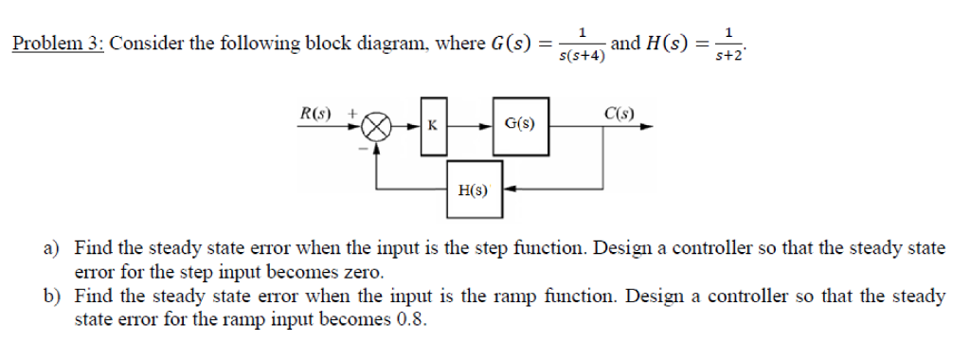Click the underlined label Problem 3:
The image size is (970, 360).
coord(57,44)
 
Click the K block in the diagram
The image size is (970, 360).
coord(432,124)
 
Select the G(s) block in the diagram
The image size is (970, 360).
coord(518,123)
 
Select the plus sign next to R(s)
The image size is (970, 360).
coord(352,113)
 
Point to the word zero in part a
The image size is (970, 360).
coord(365,272)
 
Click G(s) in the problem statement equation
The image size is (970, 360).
coord(512,44)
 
